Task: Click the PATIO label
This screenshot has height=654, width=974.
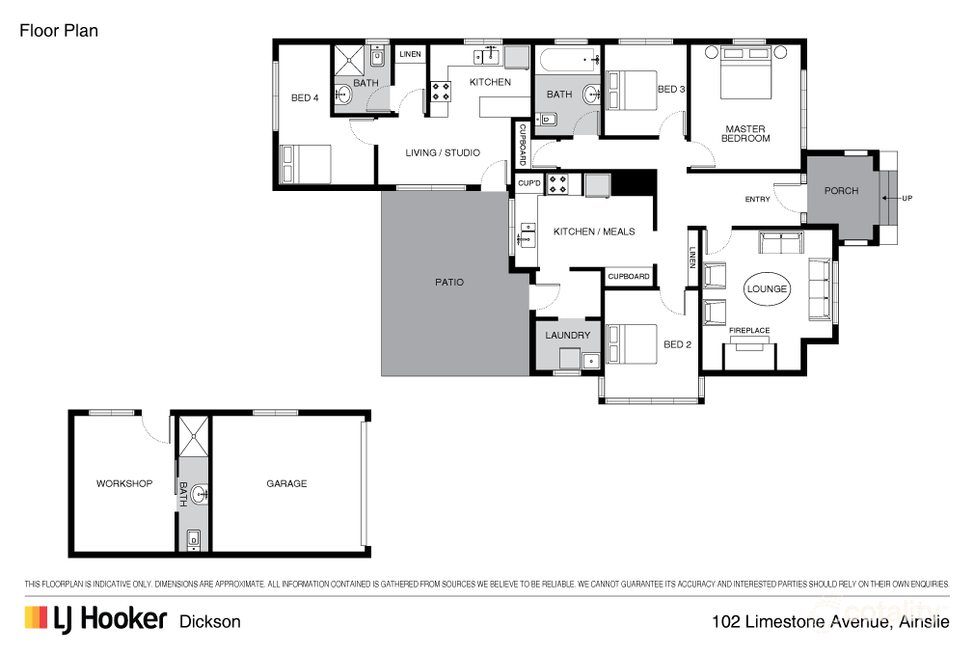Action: pos(449,283)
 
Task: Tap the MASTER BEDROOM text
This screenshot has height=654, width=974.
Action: pos(745,133)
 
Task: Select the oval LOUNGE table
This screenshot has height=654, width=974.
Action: pos(768,288)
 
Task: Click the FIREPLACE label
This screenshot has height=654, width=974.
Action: pos(749,331)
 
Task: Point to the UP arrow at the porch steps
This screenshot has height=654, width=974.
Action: pos(906,199)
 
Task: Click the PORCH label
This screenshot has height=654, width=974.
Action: pos(841,191)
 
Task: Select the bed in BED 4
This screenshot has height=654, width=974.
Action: pos(306,164)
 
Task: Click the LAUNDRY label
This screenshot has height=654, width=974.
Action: pos(567,336)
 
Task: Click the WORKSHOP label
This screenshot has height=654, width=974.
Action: pos(124,483)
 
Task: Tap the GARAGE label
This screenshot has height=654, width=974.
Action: pos(286,483)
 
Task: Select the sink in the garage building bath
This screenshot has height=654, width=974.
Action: pos(200,496)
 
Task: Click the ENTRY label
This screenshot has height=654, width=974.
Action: pos(758,200)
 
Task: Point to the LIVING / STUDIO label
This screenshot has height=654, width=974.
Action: pos(443,152)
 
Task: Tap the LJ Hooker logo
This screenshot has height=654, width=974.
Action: pos(95,619)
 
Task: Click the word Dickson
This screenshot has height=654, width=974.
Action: pos(210,621)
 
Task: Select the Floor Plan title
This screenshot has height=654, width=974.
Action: pos(59,31)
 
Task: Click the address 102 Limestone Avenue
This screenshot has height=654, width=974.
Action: pos(829,621)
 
